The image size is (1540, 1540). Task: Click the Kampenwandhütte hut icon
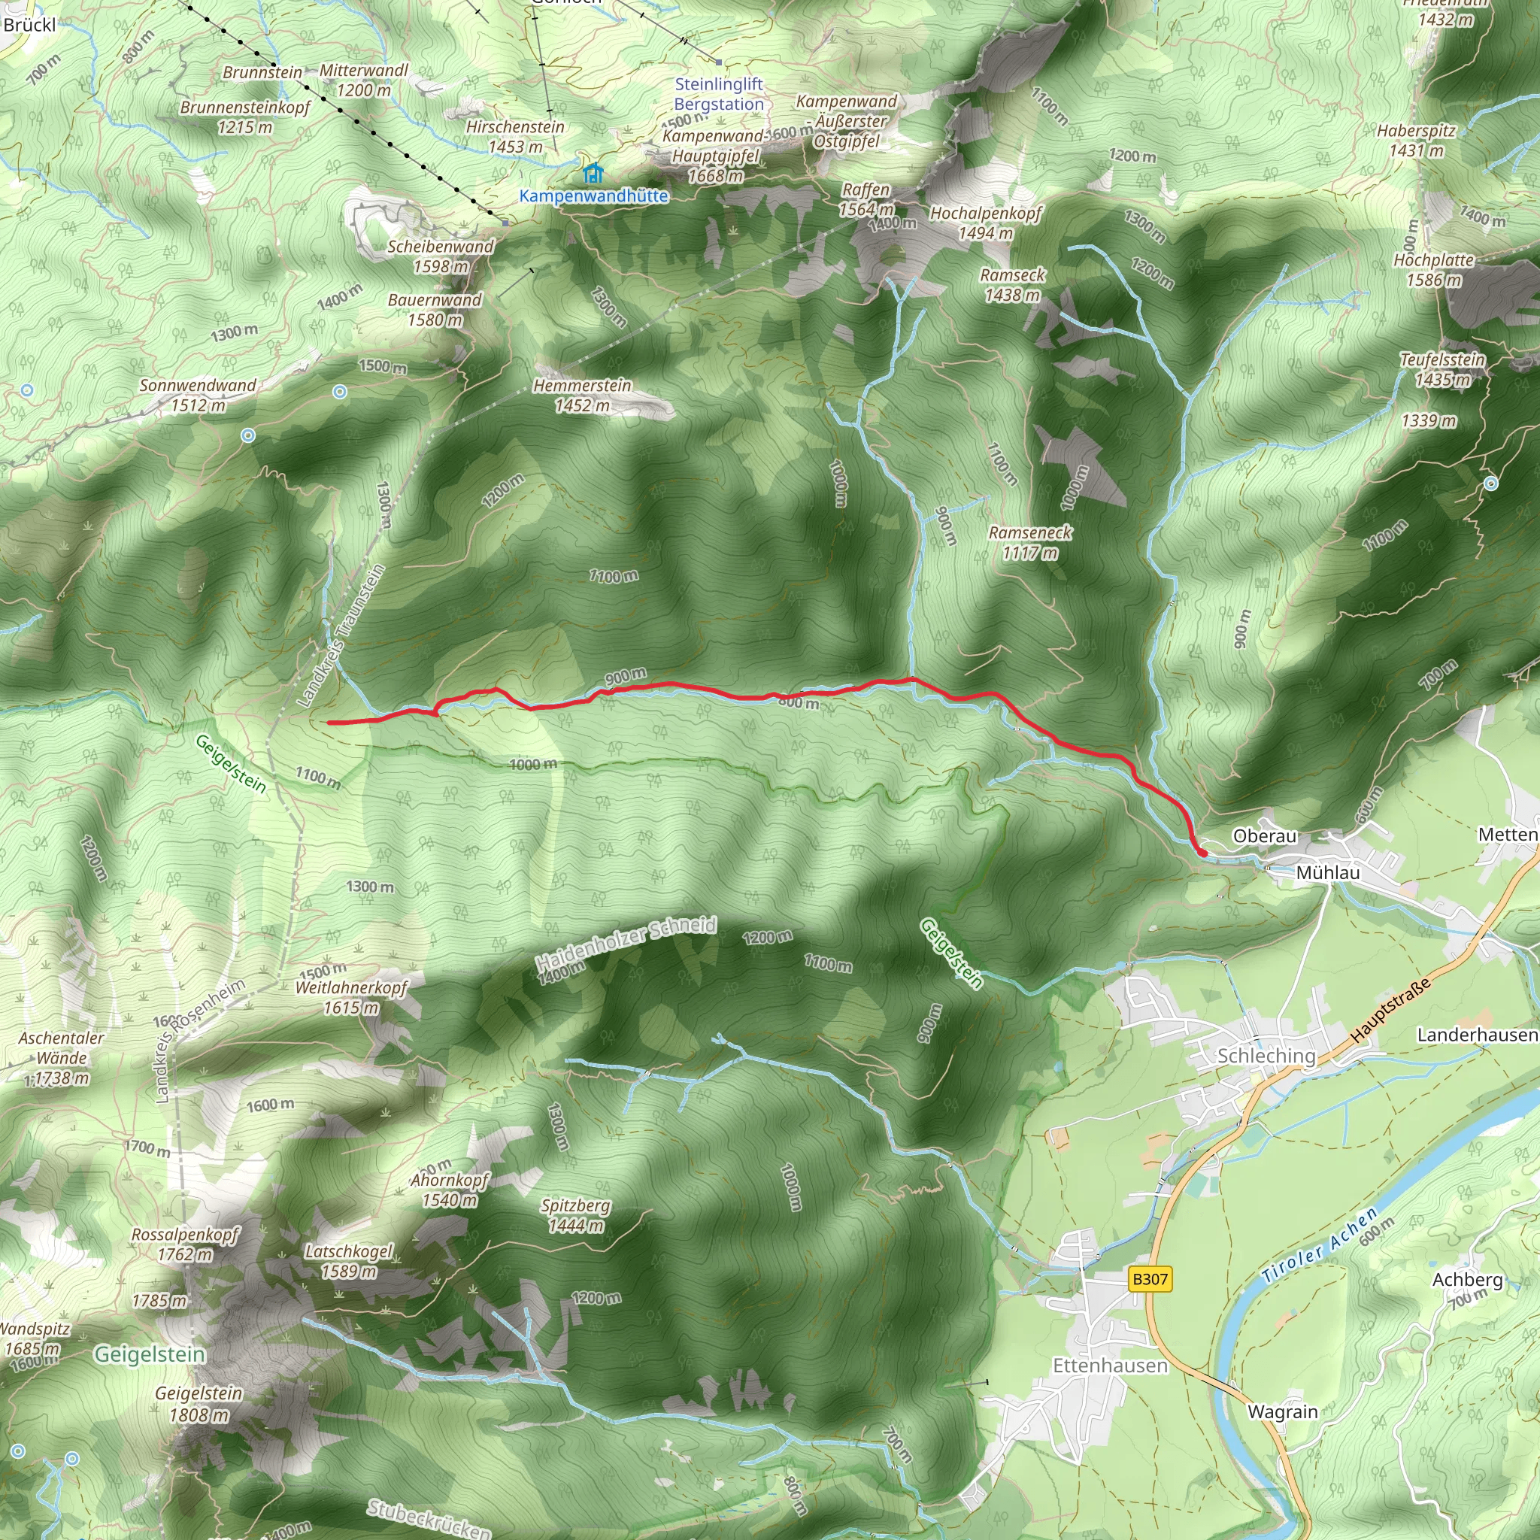pos(593,172)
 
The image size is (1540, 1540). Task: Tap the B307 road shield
pos(1150,1279)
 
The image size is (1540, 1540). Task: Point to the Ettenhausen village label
pos(1110,1366)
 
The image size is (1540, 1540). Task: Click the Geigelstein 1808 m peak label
pos(199,1404)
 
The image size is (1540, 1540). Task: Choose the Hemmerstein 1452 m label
pos(582,396)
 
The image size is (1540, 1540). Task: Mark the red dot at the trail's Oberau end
pos(1202,853)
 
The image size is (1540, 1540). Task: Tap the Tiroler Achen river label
pos(1320,1245)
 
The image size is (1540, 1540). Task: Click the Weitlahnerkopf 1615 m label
pos(350,997)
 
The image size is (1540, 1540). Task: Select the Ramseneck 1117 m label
pos(1030,542)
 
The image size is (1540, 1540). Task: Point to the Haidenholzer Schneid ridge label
pos(626,943)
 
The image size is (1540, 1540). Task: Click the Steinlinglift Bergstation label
pos(719,94)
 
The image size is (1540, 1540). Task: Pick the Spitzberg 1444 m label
pos(575,1216)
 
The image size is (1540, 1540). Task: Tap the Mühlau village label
pos(1328,873)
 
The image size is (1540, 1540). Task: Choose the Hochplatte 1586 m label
pos(1434,269)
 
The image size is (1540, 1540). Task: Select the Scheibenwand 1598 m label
pos(441,256)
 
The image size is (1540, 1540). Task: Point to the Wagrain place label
pos(1283,1411)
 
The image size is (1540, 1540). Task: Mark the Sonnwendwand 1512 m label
pos(198,396)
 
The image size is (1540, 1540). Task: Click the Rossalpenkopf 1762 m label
pos(185,1244)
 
